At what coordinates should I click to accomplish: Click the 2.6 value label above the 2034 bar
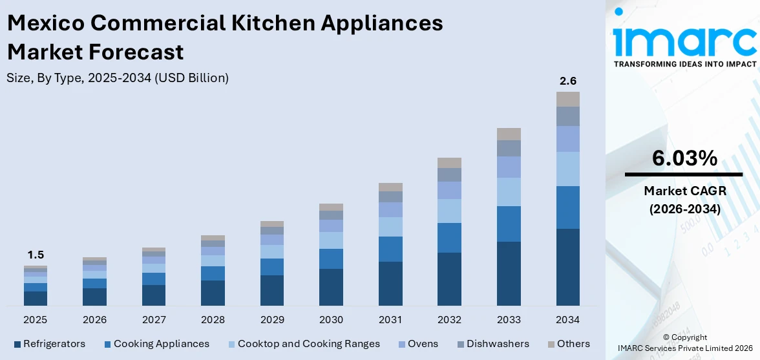pyautogui.click(x=568, y=81)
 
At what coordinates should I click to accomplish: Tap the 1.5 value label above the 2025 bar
pyautogui.click(x=36, y=255)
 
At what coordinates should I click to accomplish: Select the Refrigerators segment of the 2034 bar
pyautogui.click(x=568, y=267)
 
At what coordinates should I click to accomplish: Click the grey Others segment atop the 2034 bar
pyautogui.click(x=568, y=99)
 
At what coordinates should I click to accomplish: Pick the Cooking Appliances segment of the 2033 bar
pyautogui.click(x=509, y=224)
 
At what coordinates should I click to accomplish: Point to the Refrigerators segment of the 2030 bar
pyautogui.click(x=332, y=287)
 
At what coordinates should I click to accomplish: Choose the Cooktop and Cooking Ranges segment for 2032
pyautogui.click(x=449, y=211)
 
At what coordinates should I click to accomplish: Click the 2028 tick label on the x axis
pyautogui.click(x=213, y=320)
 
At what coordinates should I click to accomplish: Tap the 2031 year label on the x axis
pyautogui.click(x=390, y=320)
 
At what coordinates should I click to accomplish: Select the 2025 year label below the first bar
pyautogui.click(x=36, y=320)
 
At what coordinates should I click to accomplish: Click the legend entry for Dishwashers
pyautogui.click(x=498, y=344)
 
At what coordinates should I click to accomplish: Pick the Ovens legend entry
pyautogui.click(x=423, y=344)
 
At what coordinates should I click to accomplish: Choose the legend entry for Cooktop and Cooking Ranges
pyautogui.click(x=308, y=344)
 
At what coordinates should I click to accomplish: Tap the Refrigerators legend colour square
pyautogui.click(x=17, y=344)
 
